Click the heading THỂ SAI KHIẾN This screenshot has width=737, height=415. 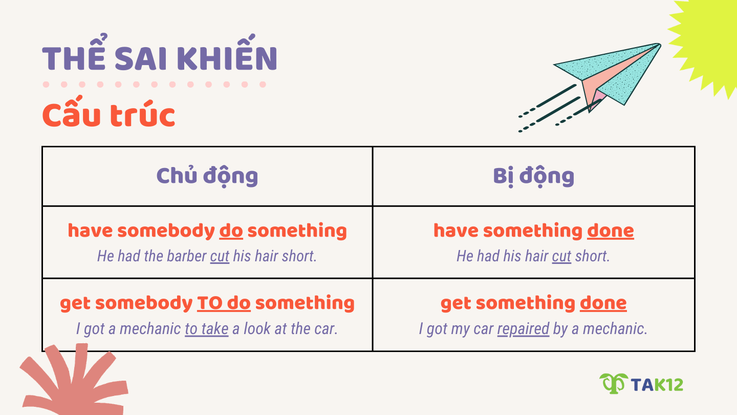coord(160,58)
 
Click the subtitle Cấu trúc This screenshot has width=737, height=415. coord(109,116)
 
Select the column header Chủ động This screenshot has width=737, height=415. coord(207,176)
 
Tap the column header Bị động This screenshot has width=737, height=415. coord(533,176)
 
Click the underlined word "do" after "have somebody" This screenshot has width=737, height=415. coord(231,231)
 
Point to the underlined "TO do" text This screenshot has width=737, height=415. coord(224,303)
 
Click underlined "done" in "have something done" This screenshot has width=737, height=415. coord(610,231)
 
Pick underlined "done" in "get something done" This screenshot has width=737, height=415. coord(603,303)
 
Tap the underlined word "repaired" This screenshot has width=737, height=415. coord(523,328)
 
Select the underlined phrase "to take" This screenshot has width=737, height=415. coord(206,328)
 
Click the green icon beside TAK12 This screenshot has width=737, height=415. coord(613,383)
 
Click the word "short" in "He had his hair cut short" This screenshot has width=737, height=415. coord(592,256)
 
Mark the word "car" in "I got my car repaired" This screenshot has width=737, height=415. coord(483,328)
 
